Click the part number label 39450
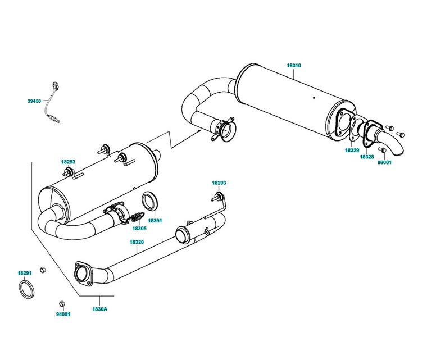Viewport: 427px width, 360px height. click(x=34, y=101)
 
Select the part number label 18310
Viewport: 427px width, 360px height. click(x=294, y=66)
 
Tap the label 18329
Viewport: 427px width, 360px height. click(x=352, y=151)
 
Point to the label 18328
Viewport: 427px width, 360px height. click(x=367, y=157)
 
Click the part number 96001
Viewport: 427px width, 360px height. click(x=384, y=163)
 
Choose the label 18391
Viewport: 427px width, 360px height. click(x=155, y=221)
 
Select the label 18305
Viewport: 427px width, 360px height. click(x=139, y=229)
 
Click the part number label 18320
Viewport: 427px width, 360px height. click(x=137, y=242)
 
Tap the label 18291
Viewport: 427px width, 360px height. click(x=24, y=273)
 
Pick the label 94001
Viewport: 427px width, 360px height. click(x=63, y=315)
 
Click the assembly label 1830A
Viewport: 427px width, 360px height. click(x=100, y=309)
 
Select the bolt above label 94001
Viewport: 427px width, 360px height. click(x=62, y=304)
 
